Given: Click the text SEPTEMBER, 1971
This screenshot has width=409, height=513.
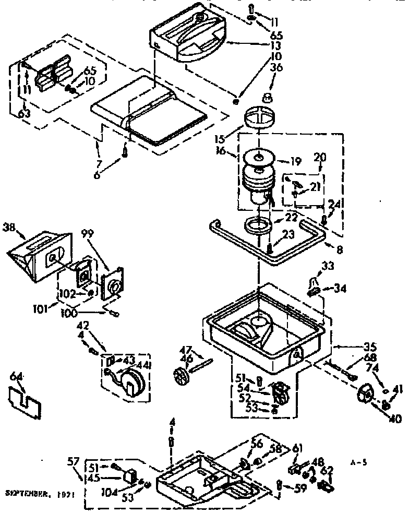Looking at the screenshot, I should [x=38, y=492].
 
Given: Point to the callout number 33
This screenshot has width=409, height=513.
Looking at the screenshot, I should [x=327, y=266].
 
